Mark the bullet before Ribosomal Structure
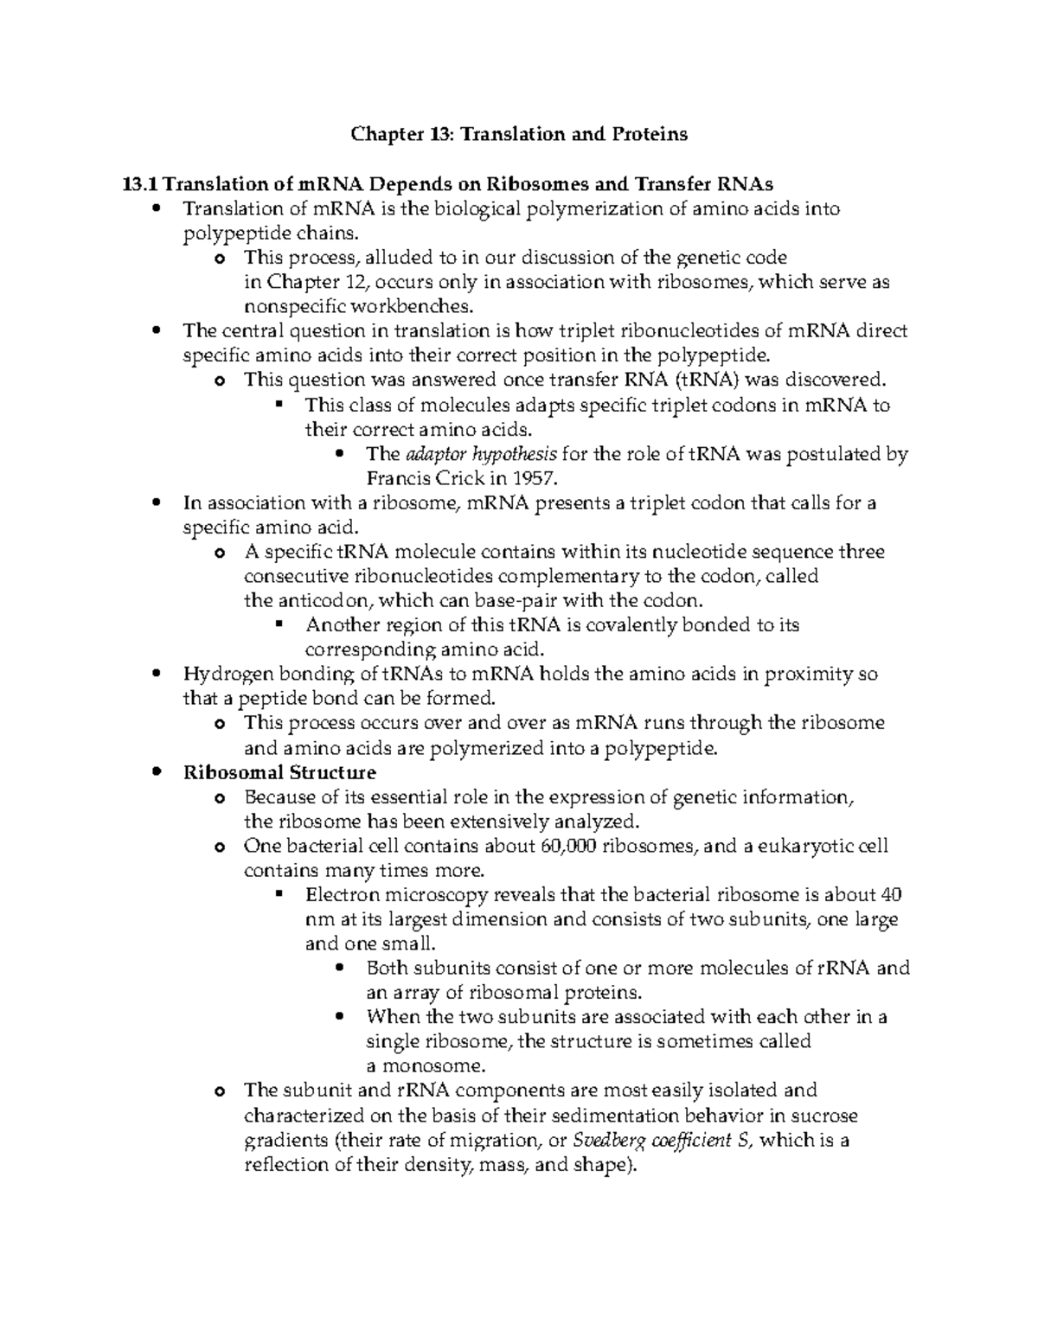[x=156, y=771]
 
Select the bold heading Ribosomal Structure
[x=279, y=771]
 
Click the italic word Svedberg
[x=608, y=1140]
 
